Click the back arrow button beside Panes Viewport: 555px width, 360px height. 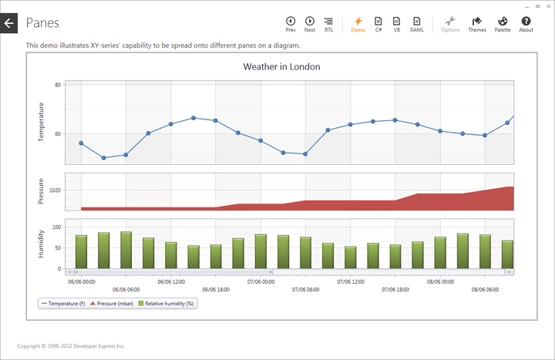point(8,23)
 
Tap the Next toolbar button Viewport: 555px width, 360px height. point(310,23)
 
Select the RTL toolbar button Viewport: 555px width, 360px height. point(329,23)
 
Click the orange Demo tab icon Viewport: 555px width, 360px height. point(358,23)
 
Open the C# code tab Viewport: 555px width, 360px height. point(378,23)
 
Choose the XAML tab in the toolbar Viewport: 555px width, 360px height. point(416,23)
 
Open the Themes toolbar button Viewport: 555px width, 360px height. point(477,23)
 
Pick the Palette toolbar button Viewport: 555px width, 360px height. point(502,23)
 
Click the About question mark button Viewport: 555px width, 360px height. point(526,23)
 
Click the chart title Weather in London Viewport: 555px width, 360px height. point(281,67)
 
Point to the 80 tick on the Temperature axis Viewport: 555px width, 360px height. point(58,85)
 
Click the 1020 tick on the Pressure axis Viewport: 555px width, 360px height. point(55,190)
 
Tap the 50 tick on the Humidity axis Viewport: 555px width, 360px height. point(57,248)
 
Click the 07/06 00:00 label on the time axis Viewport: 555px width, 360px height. point(261,281)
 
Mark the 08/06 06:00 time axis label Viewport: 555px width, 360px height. point(486,290)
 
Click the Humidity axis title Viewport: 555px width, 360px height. point(42,243)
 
